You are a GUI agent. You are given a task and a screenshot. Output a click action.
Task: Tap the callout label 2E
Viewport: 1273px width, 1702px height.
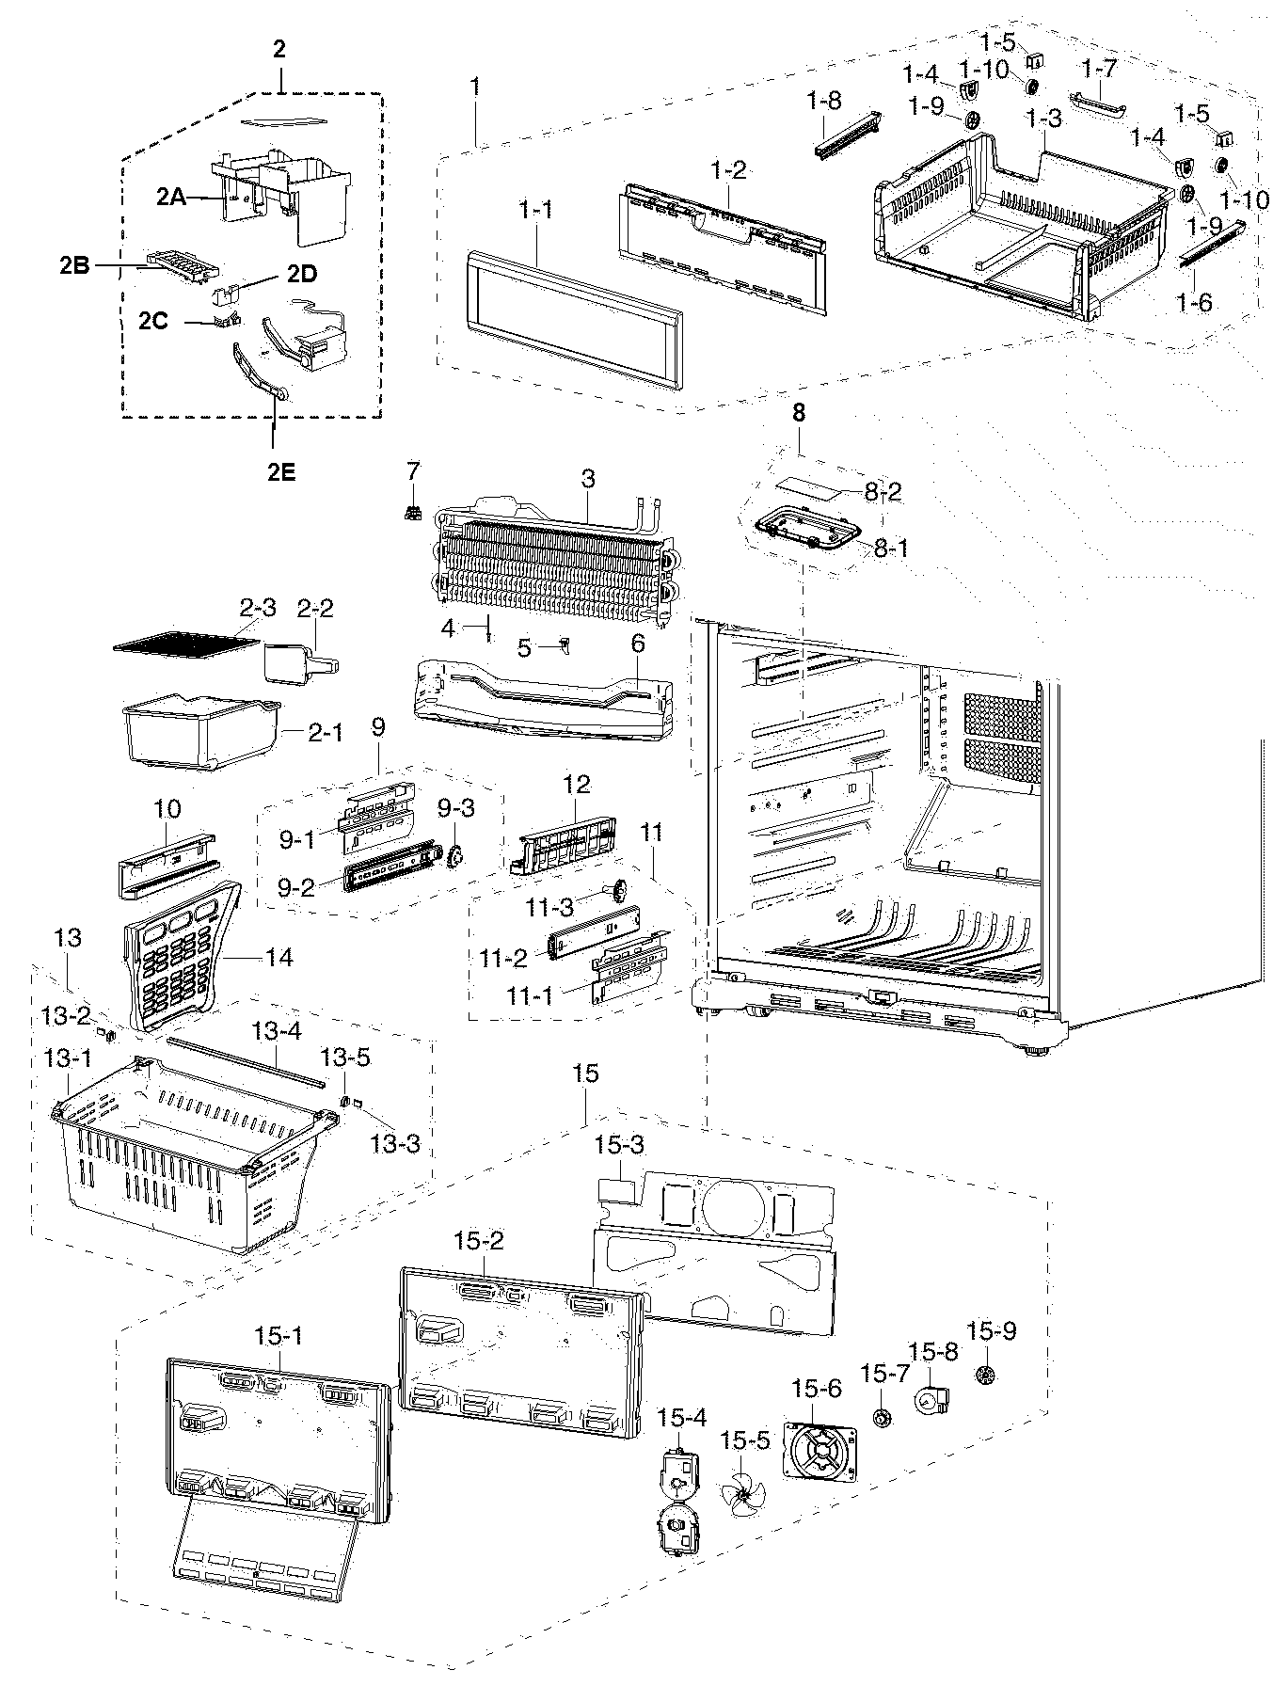[x=279, y=472]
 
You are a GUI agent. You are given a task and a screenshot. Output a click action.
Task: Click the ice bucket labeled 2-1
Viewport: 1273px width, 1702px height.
[x=198, y=729]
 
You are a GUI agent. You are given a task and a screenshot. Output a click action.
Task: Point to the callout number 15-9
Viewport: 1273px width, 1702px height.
[x=992, y=1331]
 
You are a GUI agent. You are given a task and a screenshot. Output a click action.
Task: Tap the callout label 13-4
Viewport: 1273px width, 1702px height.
[x=276, y=1030]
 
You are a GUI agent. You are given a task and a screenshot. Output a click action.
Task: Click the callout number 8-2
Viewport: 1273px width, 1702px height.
[x=883, y=491]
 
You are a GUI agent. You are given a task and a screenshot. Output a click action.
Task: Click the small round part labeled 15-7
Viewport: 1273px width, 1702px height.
[x=883, y=1418]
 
